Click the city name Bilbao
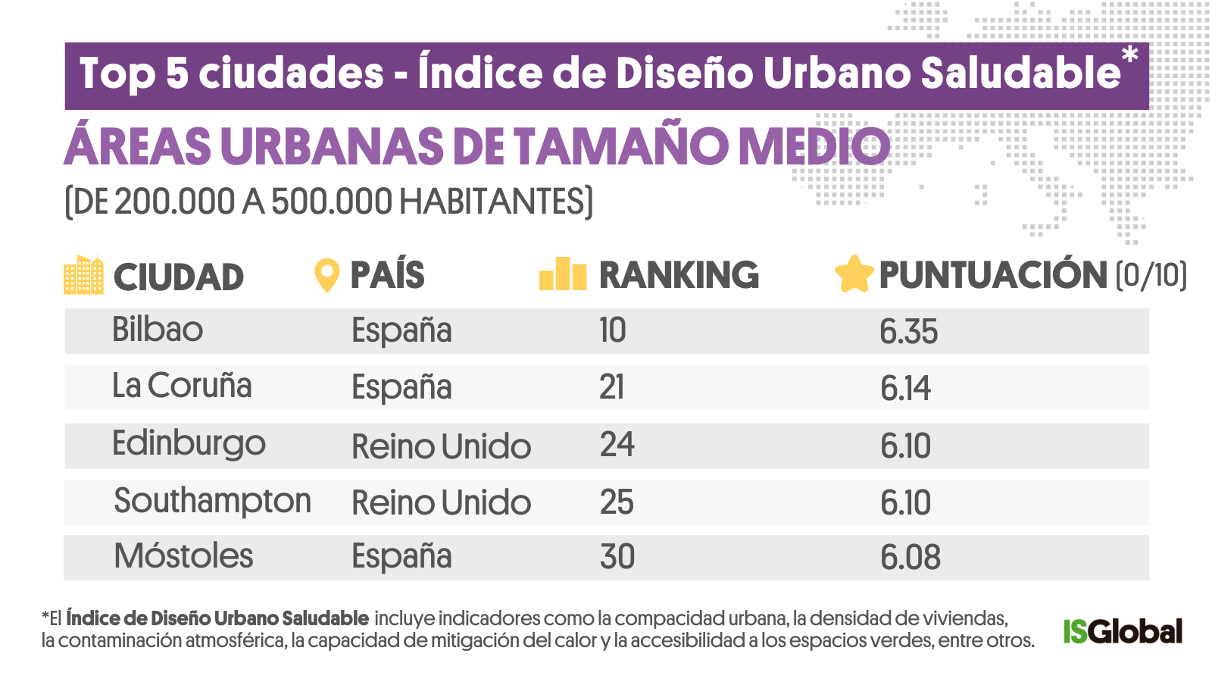click(158, 330)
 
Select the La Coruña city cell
click(182, 386)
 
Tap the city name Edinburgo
click(189, 445)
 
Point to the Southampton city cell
click(212, 502)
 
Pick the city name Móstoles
click(183, 556)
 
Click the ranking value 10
click(612, 330)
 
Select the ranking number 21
click(611, 387)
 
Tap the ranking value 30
click(617, 557)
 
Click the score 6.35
click(908, 332)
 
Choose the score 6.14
click(905, 389)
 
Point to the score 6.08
click(910, 558)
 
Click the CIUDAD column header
click(179, 277)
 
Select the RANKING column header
click(679, 275)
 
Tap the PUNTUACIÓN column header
click(992, 275)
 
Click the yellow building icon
click(83, 275)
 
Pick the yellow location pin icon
click(326, 276)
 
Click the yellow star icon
click(854, 274)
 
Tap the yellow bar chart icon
click(563, 274)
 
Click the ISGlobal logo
click(1122, 631)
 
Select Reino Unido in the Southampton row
click(441, 503)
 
